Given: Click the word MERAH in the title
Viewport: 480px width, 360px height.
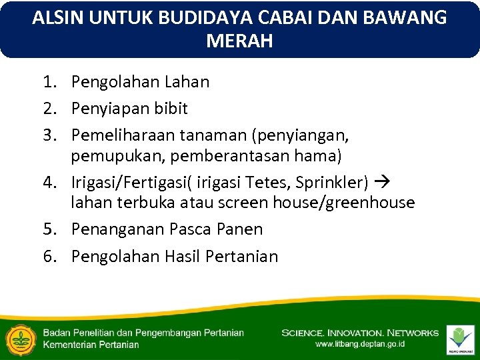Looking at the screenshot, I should tap(239, 41).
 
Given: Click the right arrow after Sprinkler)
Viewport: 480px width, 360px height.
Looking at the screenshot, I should tap(384, 181).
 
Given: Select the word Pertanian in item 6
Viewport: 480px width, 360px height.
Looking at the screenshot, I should tap(242, 257).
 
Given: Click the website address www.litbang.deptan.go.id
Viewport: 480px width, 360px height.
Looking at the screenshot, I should tap(359, 345).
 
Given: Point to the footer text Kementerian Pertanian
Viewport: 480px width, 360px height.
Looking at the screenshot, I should tap(91, 345).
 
